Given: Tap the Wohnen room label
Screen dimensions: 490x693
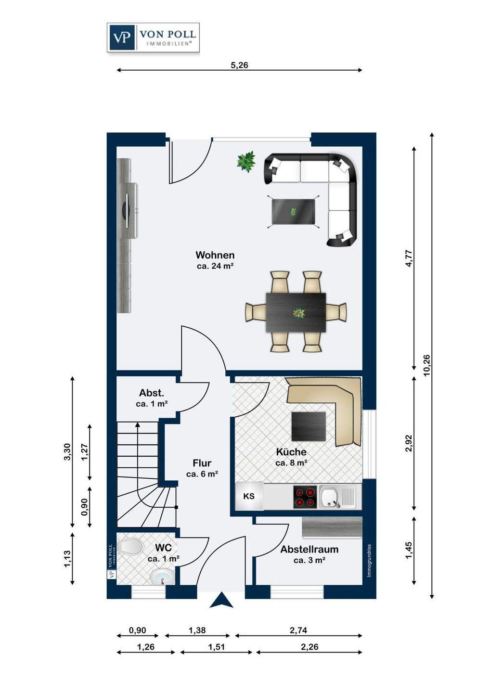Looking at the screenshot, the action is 215,255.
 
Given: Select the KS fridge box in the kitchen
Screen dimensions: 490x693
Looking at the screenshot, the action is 249,496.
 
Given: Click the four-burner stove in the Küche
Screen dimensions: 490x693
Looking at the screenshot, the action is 305,495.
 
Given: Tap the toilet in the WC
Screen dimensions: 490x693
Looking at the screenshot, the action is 130,545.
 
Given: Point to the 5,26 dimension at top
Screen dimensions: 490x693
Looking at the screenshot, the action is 240,65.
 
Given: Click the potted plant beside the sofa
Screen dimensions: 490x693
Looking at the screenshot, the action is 246,161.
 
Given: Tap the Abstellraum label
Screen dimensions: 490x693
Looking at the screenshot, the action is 309,549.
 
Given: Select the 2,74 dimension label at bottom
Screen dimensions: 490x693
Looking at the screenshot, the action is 298,630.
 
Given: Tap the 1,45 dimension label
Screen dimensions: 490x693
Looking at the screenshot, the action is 409,551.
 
